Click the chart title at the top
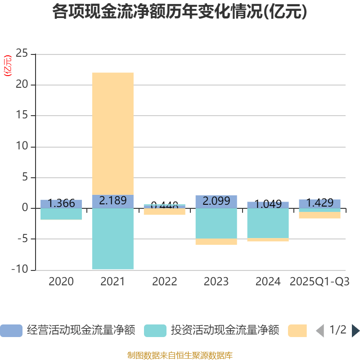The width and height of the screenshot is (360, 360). tap(180, 12)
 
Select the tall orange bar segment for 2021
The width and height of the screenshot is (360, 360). tap(112, 133)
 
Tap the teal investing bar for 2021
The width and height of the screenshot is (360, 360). tap(112, 238)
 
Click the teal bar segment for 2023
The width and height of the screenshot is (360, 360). tap(216, 223)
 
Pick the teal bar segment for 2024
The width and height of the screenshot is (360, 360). tap(268, 223)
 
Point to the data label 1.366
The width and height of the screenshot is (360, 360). tap(61, 203)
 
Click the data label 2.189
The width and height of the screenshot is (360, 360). tap(112, 201)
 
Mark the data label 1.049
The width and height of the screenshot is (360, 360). tap(268, 204)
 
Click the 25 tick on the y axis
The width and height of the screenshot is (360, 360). tap(22, 54)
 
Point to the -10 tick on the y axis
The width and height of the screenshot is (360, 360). tap(20, 270)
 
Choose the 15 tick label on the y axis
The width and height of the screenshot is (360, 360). tap(22, 116)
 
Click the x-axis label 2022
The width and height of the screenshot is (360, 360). tap(164, 282)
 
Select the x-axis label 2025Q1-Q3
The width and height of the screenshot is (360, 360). tap(319, 282)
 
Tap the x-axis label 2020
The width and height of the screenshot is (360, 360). tap(61, 282)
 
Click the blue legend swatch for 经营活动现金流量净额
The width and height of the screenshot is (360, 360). tap(11, 331)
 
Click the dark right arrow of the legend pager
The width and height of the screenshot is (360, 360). tap(355, 331)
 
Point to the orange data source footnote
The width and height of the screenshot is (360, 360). tap(180, 355)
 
